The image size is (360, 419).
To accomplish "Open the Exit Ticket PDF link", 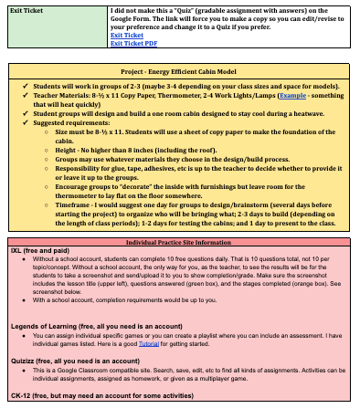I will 132,43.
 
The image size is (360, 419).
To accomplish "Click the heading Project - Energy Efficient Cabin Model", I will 180,71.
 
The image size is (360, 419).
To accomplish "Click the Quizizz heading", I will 26,361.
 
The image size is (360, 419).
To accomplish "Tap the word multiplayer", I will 238,380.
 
